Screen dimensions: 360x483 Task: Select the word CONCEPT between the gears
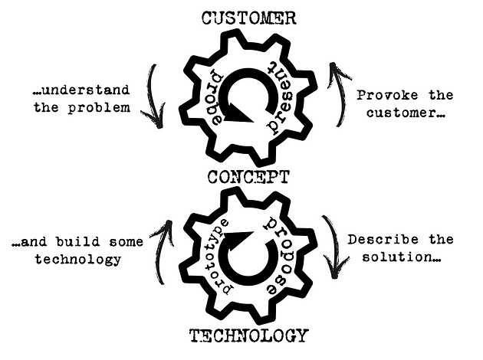[x=248, y=178]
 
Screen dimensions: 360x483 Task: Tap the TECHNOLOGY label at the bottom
[x=248, y=335]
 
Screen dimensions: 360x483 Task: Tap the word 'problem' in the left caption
[x=110, y=106]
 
